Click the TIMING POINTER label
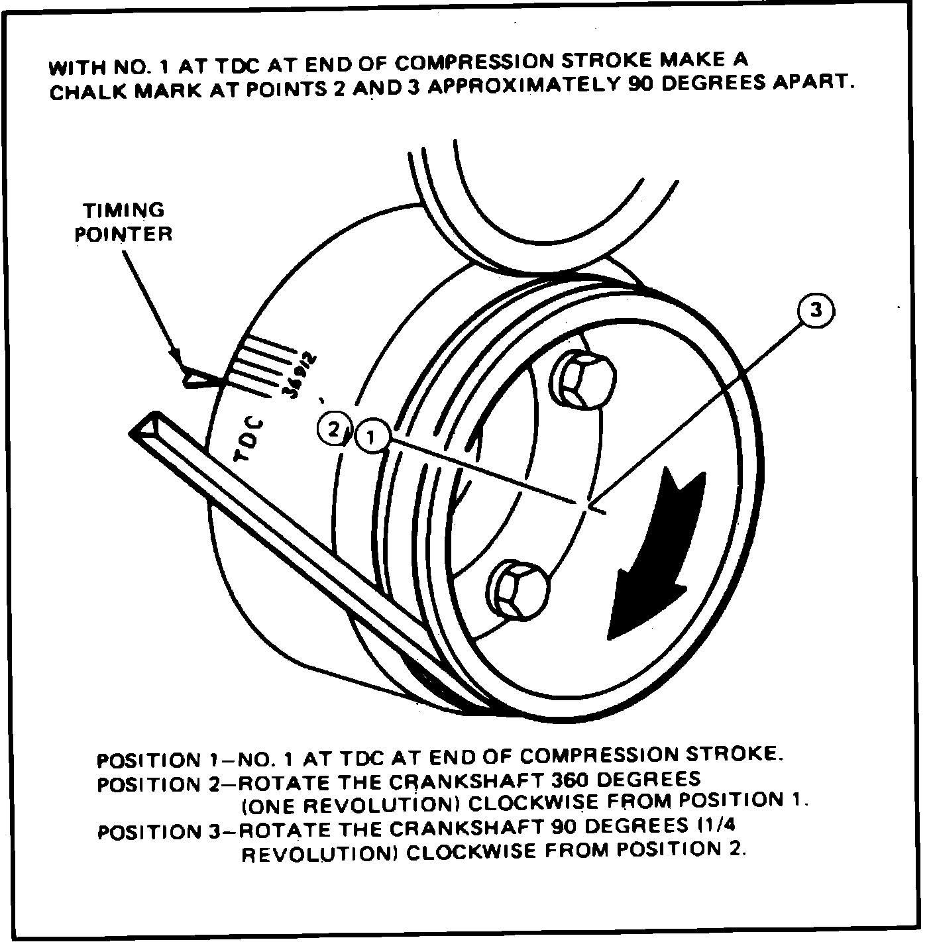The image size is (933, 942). [x=123, y=222]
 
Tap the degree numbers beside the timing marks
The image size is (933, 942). [x=299, y=376]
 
